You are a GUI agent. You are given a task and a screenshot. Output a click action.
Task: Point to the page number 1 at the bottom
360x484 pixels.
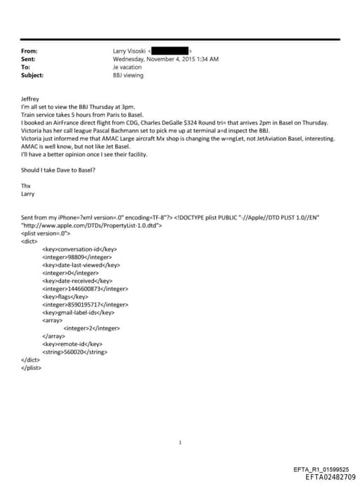pos(181,442)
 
